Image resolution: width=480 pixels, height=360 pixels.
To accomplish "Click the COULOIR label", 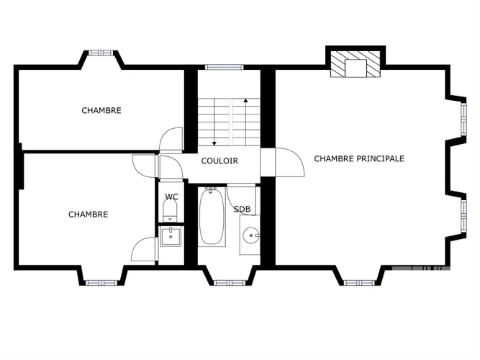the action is (x=219, y=161).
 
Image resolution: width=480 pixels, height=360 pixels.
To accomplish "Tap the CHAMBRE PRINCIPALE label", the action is (x=359, y=158).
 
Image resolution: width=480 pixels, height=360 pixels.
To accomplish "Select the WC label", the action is (x=171, y=197).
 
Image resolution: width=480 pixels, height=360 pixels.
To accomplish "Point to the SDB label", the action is (x=242, y=210).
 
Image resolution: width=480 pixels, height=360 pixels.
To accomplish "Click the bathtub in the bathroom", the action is (x=212, y=216).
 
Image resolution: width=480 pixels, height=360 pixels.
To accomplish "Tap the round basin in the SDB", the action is (x=251, y=235).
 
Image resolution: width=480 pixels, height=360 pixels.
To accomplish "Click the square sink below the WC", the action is (x=171, y=236).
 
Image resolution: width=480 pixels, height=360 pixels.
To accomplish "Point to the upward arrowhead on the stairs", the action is (x=245, y=100).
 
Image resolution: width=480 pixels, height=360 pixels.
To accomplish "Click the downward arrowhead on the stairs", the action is (x=214, y=143).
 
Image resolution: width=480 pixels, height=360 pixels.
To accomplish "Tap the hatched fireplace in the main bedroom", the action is (x=355, y=64).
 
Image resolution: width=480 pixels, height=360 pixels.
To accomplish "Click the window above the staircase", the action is (x=224, y=67).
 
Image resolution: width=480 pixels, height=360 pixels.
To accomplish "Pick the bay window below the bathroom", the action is (x=230, y=283).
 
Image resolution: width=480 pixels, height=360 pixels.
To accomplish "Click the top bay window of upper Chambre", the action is (x=101, y=53).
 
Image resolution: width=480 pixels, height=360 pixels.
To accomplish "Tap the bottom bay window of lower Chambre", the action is (x=101, y=283).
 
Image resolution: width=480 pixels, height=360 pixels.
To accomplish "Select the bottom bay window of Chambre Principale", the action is (x=359, y=283).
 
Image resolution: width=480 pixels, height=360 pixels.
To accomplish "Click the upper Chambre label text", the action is (x=101, y=110).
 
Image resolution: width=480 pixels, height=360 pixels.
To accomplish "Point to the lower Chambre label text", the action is (x=89, y=214).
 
